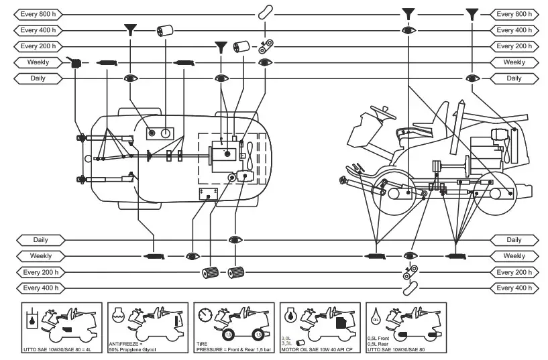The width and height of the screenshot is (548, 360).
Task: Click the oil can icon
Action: pyautogui.click(x=75, y=62)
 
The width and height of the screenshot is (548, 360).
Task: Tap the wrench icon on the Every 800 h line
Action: pyautogui.click(x=266, y=13)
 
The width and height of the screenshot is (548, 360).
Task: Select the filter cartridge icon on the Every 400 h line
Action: pyautogui.click(x=164, y=30)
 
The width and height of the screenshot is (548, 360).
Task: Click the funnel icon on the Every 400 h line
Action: pyautogui.click(x=130, y=29)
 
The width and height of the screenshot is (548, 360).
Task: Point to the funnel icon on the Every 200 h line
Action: pyautogui.click(x=220, y=46)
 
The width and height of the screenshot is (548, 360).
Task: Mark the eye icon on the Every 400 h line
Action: pyautogui.click(x=408, y=30)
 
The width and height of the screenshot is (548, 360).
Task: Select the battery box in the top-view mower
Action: pyautogui.click(x=208, y=194)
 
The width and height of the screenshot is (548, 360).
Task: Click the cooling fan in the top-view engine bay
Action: pyautogui.click(x=249, y=149)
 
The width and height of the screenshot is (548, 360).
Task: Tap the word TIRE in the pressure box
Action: pyautogui.click(x=201, y=343)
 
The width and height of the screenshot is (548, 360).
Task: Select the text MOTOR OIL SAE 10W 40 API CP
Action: pyautogui.click(x=317, y=350)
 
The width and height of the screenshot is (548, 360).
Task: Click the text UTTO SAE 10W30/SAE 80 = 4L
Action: pyautogui.click(x=58, y=350)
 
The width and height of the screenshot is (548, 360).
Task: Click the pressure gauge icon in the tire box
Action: pyautogui.click(x=205, y=314)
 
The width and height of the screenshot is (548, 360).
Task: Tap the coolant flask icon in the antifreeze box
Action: pyautogui.click(x=118, y=314)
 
